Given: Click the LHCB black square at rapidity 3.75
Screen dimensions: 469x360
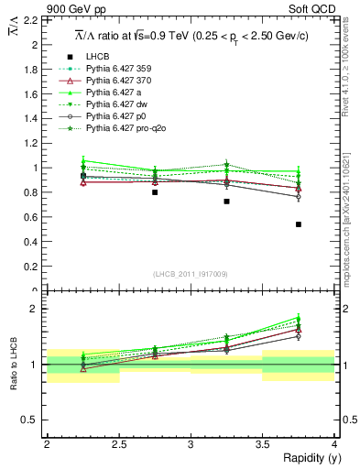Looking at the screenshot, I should click(299, 224).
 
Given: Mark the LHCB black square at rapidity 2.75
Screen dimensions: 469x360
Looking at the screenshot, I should click(155, 192).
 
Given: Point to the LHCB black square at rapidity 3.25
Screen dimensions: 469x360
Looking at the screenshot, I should click(226, 202).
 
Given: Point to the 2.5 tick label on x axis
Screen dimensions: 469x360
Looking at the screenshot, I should click(118, 444).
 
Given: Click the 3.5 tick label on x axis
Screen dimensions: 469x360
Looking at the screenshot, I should click(262, 444).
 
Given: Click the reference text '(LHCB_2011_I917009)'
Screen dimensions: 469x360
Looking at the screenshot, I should click(191, 273).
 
